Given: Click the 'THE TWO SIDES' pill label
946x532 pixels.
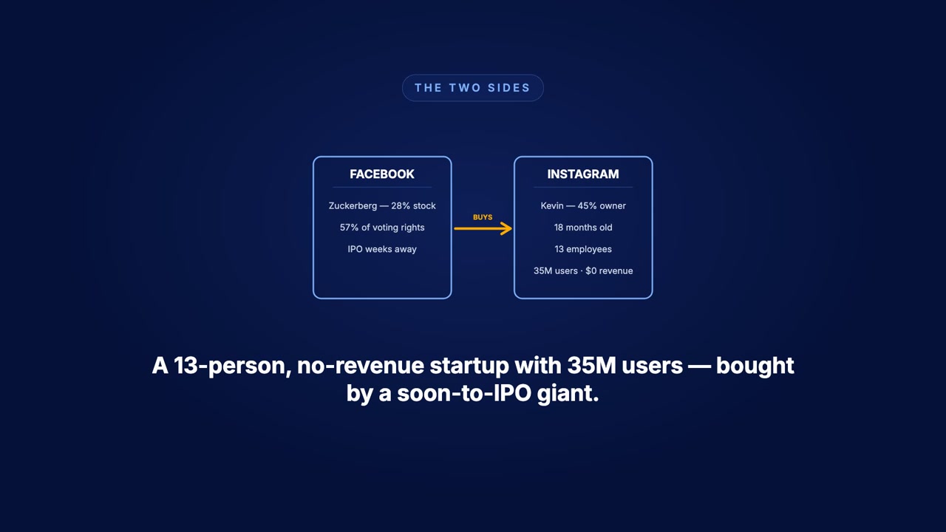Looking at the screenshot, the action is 472,88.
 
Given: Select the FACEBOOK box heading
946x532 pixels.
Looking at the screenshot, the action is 382,174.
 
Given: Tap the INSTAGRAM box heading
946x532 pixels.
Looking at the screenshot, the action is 583,174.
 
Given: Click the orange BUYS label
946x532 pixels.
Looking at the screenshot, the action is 483,217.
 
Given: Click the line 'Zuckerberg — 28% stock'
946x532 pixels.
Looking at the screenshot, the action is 382,205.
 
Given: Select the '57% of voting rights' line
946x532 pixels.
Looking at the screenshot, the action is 382,228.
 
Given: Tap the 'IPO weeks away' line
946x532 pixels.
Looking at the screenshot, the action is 382,249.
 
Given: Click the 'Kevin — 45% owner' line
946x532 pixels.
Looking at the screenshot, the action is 583,205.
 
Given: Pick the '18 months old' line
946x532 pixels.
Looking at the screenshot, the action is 583,228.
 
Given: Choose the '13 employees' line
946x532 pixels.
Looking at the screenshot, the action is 583,249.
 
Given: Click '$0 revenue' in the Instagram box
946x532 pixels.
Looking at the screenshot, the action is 609,270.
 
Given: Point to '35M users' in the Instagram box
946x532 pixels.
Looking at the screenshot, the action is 555,270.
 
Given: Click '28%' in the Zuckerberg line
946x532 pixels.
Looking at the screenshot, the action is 401,205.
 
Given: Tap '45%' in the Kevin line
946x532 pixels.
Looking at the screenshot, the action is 587,205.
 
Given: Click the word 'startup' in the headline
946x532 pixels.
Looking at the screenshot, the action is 469,366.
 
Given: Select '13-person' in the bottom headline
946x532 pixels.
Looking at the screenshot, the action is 233,366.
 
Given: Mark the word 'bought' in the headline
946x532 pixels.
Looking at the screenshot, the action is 755,366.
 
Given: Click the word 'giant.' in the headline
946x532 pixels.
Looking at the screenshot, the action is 568,394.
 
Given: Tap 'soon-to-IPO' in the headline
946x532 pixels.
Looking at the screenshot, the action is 464,393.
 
